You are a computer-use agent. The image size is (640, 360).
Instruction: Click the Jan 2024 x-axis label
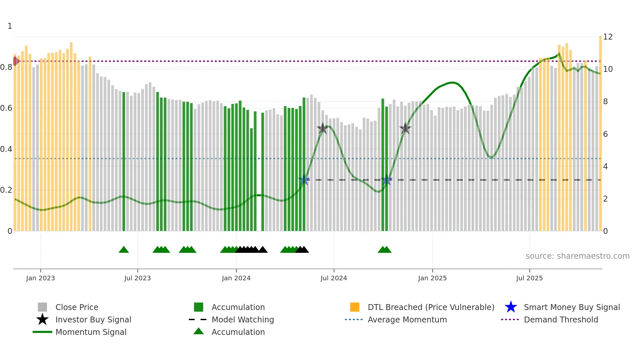(236, 278)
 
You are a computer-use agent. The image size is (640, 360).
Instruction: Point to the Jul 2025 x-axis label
(529, 278)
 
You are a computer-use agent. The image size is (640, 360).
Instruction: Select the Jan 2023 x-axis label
(40, 278)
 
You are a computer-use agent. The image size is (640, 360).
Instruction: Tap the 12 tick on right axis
(608, 37)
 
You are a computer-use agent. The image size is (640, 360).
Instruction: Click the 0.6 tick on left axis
(6, 108)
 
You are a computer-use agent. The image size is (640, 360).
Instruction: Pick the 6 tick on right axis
(605, 134)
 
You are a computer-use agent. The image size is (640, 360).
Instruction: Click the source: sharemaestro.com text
(577, 256)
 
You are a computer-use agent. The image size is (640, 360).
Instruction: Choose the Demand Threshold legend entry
(561, 319)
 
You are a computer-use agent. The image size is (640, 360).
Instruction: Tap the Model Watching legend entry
(243, 319)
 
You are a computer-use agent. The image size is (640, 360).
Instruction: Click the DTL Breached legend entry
(431, 307)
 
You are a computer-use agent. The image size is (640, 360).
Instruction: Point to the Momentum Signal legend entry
(91, 332)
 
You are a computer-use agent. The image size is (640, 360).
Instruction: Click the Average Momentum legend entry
(407, 319)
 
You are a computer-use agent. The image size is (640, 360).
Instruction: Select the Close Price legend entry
(77, 307)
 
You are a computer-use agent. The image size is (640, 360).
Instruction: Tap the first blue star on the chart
(304, 180)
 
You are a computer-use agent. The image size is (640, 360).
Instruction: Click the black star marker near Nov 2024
(405, 128)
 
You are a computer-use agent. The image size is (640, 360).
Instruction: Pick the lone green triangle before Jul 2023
(124, 250)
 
